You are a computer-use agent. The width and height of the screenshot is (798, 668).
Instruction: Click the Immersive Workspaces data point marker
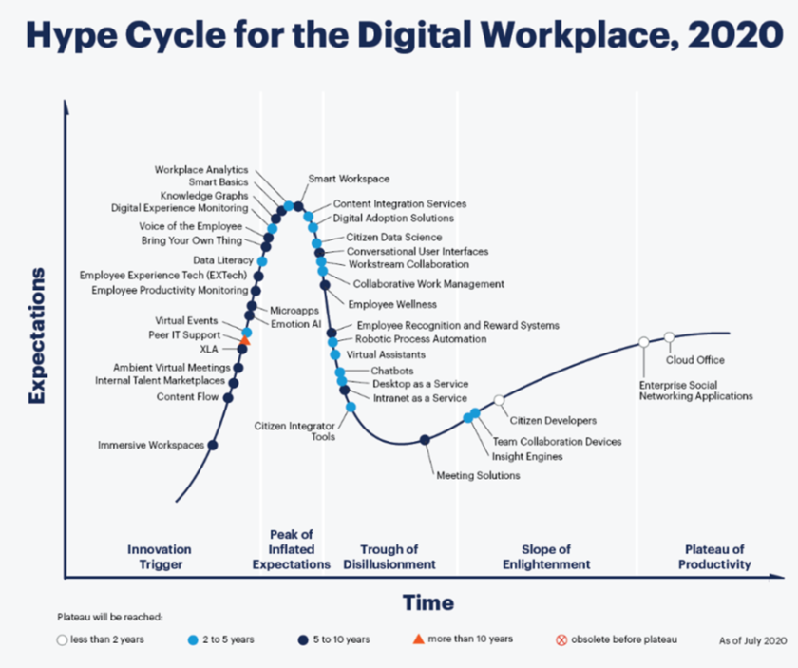212,445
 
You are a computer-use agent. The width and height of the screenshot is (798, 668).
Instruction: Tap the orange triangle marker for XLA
244,339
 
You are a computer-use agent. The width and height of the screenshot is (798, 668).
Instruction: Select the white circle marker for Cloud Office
669,337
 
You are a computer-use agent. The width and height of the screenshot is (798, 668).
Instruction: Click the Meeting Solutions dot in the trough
426,439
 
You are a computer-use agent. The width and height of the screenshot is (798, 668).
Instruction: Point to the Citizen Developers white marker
499,400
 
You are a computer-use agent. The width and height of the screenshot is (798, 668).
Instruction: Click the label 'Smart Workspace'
349,179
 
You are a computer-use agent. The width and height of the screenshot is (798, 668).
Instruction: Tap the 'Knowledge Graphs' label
204,196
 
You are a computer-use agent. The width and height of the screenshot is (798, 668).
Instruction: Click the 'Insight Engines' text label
527,457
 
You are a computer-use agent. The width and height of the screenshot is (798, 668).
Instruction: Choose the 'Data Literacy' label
223,259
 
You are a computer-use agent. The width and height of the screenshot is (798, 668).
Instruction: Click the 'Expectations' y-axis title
37,336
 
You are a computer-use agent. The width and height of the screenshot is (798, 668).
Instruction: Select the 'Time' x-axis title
427,602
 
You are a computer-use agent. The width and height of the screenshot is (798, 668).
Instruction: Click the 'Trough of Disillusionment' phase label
389,557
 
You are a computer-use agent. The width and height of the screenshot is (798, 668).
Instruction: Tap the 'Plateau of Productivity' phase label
714,557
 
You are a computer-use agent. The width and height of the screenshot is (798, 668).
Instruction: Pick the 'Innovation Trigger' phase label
159,557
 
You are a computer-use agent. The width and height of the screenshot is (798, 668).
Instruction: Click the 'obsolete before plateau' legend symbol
560,639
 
